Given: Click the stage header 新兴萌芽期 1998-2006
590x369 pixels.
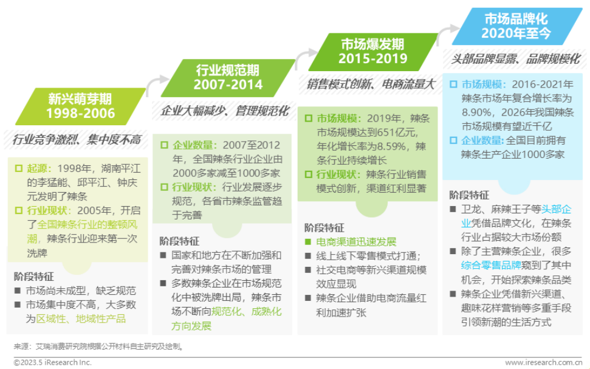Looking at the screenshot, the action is (80, 106).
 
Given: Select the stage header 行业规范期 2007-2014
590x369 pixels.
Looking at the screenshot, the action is (228, 78).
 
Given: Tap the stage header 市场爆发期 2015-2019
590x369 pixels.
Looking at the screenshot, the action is (373, 52).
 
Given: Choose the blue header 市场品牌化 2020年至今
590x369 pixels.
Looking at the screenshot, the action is (516, 26).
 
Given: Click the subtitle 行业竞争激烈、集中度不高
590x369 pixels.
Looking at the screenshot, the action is (77, 140).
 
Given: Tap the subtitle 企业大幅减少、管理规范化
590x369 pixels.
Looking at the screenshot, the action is (225, 111).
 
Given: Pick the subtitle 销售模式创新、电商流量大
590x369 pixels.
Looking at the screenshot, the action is (371, 84).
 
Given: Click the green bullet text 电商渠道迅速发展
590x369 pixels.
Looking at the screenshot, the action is (356, 242).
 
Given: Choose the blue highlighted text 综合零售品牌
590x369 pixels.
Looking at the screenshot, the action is (491, 265).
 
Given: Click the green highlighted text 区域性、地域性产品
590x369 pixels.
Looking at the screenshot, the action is (81, 319).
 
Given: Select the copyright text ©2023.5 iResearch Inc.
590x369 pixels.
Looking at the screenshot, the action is (53, 362).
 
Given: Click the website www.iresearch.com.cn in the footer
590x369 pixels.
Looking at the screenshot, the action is (543, 362).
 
